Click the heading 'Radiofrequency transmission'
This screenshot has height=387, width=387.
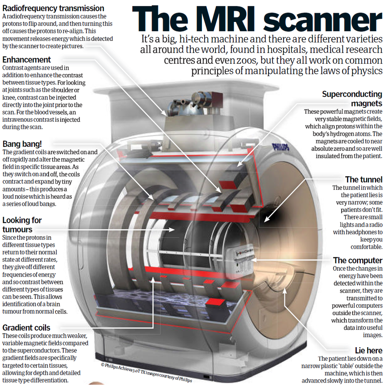[53, 8]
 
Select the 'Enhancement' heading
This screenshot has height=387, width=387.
[27, 60]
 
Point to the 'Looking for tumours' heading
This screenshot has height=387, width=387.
[22, 225]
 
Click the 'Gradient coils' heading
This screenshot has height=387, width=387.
[26, 327]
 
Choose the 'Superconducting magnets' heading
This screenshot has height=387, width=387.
[352, 99]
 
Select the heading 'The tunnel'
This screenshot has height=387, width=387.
[364, 179]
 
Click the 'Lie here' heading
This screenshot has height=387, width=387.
[368, 350]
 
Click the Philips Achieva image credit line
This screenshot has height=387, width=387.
[151, 371]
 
